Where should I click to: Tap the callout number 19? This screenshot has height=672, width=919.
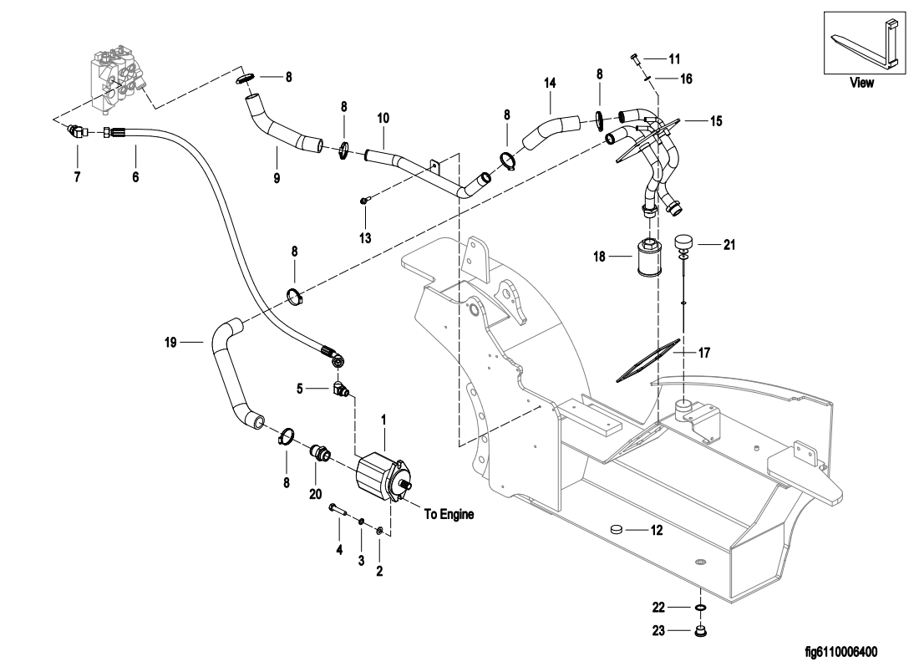click(x=172, y=341)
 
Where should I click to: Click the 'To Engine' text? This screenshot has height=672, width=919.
click(x=449, y=515)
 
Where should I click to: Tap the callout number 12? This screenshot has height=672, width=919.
click(x=657, y=530)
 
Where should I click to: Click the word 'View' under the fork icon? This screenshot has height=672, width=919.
click(x=861, y=83)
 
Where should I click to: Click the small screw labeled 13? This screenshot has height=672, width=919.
click(x=365, y=200)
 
